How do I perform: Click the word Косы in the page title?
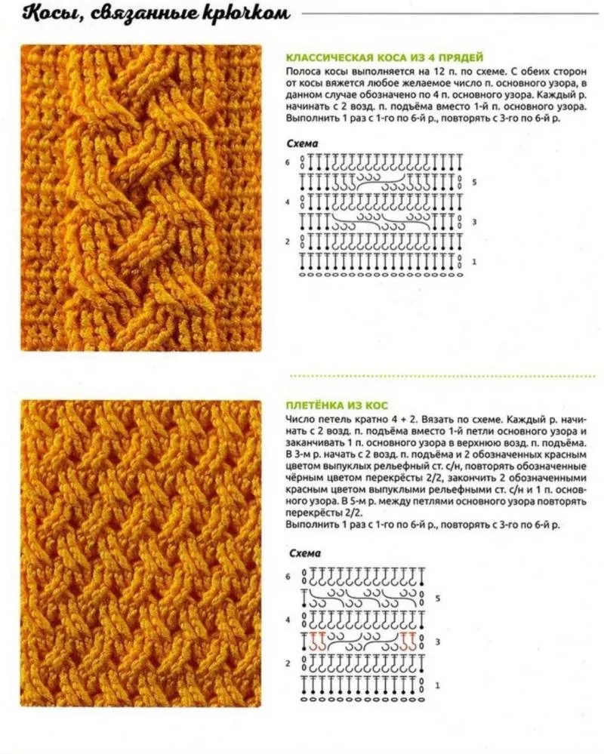(46, 13)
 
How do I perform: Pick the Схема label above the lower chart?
(304, 553)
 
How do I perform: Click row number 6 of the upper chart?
(288, 162)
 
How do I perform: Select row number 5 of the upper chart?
(474, 182)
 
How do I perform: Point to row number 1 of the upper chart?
(474, 261)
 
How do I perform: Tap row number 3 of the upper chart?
(474, 222)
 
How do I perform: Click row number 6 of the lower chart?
(288, 577)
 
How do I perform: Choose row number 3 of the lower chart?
(437, 642)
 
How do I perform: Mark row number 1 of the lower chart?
(437, 685)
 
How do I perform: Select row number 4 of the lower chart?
(288, 620)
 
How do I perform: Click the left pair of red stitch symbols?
(318, 642)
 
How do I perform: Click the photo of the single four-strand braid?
(140, 198)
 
